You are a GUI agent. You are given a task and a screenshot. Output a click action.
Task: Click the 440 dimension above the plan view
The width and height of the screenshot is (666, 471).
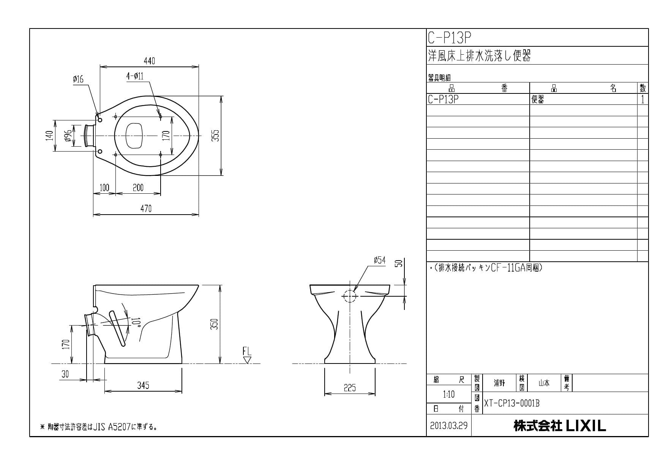[149, 61]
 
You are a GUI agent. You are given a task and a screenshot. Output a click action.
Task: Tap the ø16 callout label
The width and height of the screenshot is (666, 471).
[78, 79]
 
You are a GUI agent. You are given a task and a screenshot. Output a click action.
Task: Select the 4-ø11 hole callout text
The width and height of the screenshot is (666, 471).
[135, 76]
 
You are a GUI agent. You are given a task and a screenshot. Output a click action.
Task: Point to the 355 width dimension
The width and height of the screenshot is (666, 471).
[215, 136]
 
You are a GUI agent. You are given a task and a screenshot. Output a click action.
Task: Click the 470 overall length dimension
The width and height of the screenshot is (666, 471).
[146, 209]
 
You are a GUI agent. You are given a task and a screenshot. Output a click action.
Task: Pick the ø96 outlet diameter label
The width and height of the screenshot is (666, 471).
[68, 136]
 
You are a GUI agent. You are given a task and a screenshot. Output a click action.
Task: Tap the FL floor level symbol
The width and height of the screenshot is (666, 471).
[247, 356]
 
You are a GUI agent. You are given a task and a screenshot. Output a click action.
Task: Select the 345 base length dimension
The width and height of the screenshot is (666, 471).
[143, 386]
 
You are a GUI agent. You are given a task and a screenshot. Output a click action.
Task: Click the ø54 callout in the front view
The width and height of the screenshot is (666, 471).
[379, 260]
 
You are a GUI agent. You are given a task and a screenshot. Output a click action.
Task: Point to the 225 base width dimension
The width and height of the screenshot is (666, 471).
[350, 388]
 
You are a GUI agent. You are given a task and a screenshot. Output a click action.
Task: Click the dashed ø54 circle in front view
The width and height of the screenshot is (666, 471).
[349, 296]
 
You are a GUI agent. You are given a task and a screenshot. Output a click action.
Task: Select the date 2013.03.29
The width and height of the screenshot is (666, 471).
[449, 425]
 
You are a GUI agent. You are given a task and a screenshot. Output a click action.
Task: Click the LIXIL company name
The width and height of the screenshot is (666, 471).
[560, 426]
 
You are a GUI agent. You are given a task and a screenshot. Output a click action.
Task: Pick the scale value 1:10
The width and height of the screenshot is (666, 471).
[448, 395]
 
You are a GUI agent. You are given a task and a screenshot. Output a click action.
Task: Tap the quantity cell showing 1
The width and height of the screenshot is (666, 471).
[642, 100]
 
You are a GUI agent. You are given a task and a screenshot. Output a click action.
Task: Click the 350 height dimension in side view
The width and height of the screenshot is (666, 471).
[215, 324]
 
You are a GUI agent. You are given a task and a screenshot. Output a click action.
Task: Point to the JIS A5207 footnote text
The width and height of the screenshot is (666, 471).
[99, 427]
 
